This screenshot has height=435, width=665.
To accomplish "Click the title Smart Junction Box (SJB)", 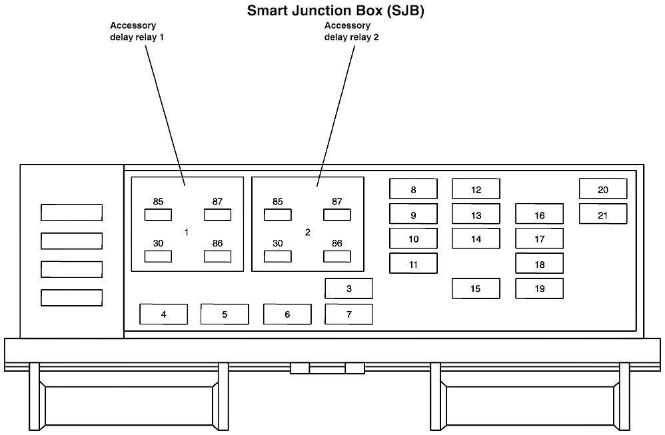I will coord(335,11).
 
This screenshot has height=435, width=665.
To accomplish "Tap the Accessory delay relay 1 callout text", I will coord(137,31).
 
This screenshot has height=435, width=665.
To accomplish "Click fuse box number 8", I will coord(413,189).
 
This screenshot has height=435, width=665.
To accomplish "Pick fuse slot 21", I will coord(603,215).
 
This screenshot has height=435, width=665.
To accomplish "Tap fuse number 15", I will coord(476,288).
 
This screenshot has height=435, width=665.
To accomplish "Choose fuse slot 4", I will coord(163,314).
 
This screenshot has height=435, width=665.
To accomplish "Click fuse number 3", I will coord(348,288).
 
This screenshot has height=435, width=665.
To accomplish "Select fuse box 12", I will coord(476,189).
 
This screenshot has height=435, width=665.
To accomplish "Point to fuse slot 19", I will coord(539,288).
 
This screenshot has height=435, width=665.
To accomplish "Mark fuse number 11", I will coord(413,264).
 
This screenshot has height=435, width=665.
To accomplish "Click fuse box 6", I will coord(287,314).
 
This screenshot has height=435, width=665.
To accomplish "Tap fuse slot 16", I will coord(539,215).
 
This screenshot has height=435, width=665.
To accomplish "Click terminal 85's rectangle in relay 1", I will coord(158,215).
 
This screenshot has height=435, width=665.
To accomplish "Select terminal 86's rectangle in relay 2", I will coord(337,256).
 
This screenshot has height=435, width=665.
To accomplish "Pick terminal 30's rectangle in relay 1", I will coord(158,256).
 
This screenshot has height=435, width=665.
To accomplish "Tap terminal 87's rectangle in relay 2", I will coord(337,215).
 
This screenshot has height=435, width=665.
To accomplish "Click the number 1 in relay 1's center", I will coord(187,232).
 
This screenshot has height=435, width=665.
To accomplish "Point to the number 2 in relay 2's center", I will coord(307,232).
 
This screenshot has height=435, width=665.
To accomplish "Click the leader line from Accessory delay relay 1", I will coord(165,113).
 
